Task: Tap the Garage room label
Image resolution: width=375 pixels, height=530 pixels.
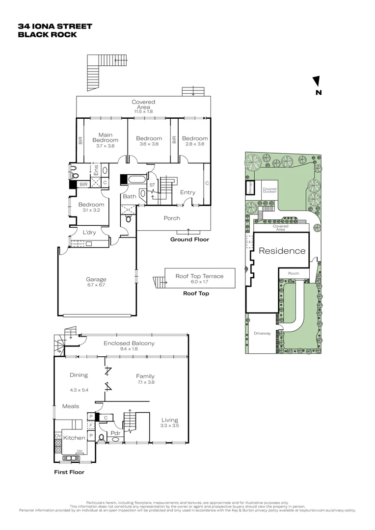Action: [x=96, y=279]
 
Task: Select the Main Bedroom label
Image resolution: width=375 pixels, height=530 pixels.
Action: [x=106, y=137]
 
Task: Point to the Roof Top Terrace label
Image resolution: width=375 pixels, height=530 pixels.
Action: [x=199, y=276]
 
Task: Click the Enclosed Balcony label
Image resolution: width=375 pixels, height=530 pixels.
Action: [x=129, y=343]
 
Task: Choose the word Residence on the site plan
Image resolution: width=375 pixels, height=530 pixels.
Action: [x=282, y=251]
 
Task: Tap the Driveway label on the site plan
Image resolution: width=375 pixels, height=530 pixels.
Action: [x=262, y=333]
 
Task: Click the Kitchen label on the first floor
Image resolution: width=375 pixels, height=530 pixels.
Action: [x=75, y=437]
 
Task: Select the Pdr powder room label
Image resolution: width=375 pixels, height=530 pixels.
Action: [x=116, y=434]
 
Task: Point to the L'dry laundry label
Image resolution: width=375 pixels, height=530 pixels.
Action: [x=89, y=232]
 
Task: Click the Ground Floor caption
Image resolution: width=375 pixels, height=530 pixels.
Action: [x=189, y=239]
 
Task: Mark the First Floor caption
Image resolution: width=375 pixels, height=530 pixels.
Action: [x=69, y=472]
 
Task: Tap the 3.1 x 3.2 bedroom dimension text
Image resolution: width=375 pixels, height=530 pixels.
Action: [x=92, y=210]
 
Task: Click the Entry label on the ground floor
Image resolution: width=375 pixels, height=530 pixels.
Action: [x=187, y=192]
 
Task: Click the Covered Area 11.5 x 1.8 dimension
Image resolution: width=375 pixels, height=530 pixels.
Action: [x=143, y=111]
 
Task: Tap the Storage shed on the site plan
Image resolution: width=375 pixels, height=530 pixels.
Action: [x=250, y=188]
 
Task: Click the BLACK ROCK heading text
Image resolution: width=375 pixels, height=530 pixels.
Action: [x=47, y=35]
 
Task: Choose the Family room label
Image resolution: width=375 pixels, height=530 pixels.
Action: [x=145, y=376]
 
